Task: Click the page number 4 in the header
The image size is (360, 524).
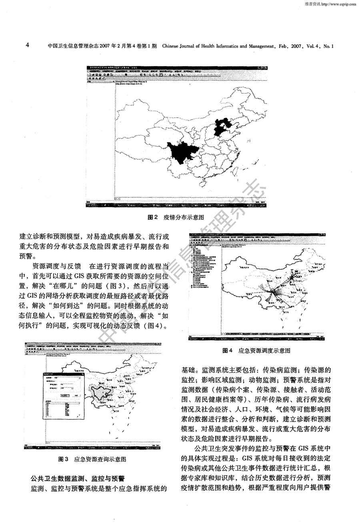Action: pos(27,45)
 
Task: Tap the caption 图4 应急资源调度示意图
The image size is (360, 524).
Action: pos(256,350)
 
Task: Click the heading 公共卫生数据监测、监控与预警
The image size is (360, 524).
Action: pos(78,478)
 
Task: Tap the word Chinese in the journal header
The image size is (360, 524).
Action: pos(172,46)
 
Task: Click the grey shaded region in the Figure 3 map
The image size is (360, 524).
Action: pos(101,392)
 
